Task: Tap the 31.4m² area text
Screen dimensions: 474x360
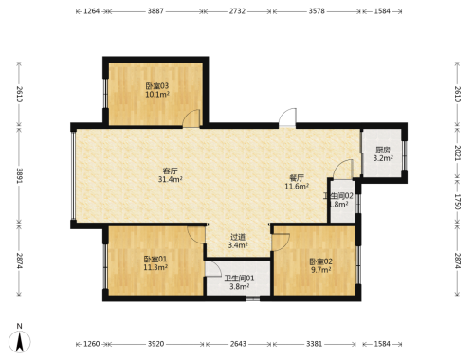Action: click(x=171, y=180)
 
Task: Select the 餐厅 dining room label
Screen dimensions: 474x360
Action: click(x=297, y=178)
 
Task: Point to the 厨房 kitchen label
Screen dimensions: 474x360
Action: click(x=383, y=150)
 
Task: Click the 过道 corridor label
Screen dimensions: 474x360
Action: click(x=238, y=237)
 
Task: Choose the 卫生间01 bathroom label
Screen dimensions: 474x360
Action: click(x=239, y=279)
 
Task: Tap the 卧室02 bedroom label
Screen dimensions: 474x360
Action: click(x=320, y=261)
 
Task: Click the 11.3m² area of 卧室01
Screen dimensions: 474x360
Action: click(x=155, y=267)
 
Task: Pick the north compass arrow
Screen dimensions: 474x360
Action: click(x=20, y=342)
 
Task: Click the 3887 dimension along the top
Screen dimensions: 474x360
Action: click(x=155, y=11)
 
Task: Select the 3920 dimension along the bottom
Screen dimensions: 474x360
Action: click(x=156, y=344)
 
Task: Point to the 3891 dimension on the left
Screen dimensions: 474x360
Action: click(x=20, y=175)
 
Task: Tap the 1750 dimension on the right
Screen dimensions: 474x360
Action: click(x=457, y=202)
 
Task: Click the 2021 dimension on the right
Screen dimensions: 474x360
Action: click(x=457, y=153)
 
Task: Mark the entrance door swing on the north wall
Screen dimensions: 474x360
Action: click(x=288, y=117)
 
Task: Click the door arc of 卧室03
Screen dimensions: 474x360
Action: click(x=191, y=117)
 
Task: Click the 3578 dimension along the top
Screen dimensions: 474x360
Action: click(x=317, y=11)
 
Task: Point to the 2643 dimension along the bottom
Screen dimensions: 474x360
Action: click(x=238, y=344)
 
